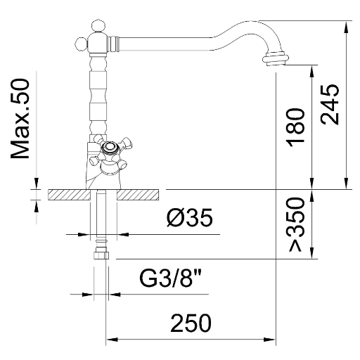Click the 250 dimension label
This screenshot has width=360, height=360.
tap(191, 323)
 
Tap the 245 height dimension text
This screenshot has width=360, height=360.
tap(330, 104)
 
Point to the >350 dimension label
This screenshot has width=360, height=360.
tap(296, 224)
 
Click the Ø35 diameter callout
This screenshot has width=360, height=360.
tap(190, 217)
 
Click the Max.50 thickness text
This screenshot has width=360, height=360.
tap(20, 119)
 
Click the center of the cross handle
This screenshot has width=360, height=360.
tap(108, 148)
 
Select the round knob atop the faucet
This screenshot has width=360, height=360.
tap(98, 26)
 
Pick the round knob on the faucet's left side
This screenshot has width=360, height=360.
tap(82, 44)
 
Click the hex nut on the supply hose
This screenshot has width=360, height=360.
tap(101, 255)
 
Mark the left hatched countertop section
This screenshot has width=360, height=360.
tap(69, 195)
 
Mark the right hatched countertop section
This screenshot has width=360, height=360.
tap(138, 195)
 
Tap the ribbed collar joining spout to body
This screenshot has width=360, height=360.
tap(113, 44)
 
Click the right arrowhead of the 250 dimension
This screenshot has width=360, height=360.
tap(269, 340)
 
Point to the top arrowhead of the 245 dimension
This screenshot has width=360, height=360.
tap(346, 27)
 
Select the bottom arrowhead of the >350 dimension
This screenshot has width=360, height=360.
tap(311, 252)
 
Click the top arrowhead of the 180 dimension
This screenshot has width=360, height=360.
tap(311, 71)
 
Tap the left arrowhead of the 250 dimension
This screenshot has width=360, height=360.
tap(112, 340)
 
